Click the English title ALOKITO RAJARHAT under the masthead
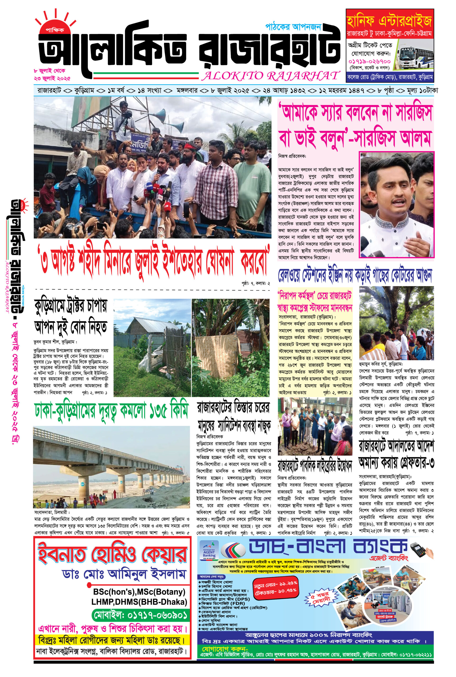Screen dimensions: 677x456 pyautogui.click(x=271, y=76)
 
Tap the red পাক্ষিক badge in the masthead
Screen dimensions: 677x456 pyautogui.click(x=55, y=30)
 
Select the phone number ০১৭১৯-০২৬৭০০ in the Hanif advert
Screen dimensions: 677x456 pyautogui.click(x=369, y=62)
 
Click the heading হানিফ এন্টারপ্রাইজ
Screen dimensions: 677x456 pyautogui.click(x=389, y=21)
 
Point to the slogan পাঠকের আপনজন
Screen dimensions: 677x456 pyautogui.click(x=293, y=27)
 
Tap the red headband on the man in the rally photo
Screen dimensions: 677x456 pyautogui.click(x=190, y=145)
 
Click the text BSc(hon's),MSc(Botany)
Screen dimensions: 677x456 pyautogui.click(x=139, y=591)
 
